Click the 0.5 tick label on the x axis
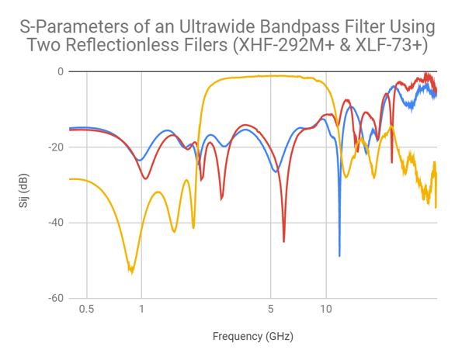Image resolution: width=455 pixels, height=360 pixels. [x=86, y=310]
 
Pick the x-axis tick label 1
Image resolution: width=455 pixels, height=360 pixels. [x=141, y=310]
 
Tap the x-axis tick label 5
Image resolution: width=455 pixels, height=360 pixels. [x=270, y=310]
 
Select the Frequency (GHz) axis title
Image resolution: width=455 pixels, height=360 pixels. [x=253, y=337]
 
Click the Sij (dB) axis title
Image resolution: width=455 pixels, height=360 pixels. [x=23, y=185]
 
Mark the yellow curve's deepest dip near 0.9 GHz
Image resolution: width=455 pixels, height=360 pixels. [x=131, y=271]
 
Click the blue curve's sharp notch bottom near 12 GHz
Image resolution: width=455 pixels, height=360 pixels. [x=339, y=255]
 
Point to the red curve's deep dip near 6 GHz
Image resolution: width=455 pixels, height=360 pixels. [x=283, y=241]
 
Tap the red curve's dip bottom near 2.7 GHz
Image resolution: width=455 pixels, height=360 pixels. [x=221, y=199]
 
